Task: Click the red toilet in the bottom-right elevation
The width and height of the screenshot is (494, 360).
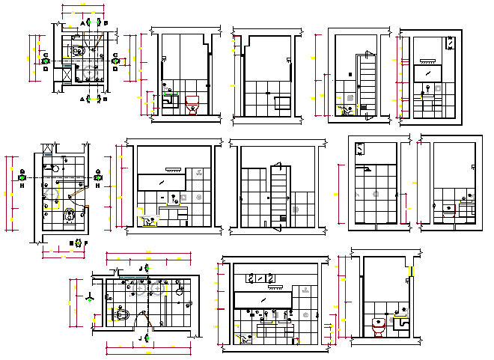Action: coord(379,326)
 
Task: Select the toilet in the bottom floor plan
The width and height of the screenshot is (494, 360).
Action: coord(123,315)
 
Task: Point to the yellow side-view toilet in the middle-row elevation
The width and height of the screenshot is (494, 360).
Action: coord(147,220)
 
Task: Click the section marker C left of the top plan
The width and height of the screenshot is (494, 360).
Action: coord(46,55)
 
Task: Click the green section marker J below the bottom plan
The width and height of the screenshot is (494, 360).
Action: coord(147,338)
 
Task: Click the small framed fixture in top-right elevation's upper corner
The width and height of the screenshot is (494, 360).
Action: coord(451,43)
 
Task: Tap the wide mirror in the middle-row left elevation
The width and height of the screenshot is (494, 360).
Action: coord(160,182)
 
